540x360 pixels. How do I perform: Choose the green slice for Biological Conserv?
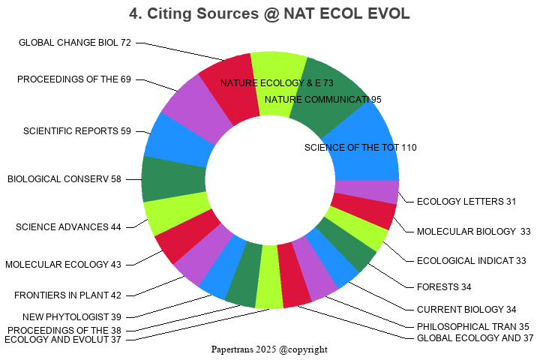click(x=172, y=178)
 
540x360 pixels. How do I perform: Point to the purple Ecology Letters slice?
click(x=366, y=192)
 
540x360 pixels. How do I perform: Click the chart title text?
click(x=269, y=14)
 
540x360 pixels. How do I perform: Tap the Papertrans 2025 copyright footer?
click(x=269, y=349)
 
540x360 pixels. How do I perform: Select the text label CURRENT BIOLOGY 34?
click(x=466, y=309)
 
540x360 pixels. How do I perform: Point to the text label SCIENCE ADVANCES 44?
click(x=68, y=227)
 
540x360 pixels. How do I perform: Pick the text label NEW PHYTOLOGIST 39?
click(x=72, y=316)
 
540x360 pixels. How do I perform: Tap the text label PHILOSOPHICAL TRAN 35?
click(x=473, y=326)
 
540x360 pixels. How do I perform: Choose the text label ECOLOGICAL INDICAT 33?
click(x=472, y=260)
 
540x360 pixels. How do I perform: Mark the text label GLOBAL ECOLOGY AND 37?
click(x=475, y=337)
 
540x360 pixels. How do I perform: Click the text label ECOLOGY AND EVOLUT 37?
click(x=63, y=339)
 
